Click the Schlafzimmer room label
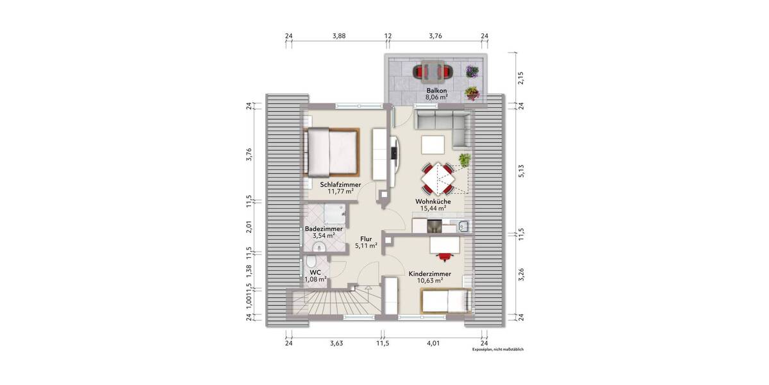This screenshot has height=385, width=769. coord(340,184)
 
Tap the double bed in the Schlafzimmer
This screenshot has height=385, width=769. coord(332,151)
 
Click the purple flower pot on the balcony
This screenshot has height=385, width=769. coord(472,71)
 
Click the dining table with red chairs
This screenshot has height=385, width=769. coord(438,178)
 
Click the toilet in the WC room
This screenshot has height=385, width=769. coord(310,263)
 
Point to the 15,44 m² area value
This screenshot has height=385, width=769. coord(433,209)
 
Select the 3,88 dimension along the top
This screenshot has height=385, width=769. coord(339,36)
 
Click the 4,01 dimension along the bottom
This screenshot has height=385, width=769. coord(434,344)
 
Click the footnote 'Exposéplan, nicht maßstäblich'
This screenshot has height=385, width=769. coord(498,350)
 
